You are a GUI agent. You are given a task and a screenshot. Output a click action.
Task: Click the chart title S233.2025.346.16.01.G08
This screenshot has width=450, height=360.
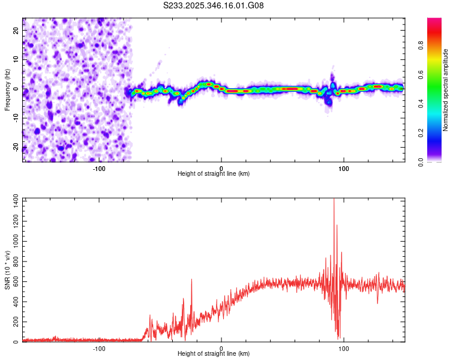click(x=214, y=5)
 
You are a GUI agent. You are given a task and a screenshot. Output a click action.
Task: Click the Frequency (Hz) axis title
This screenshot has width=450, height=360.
click(x=7, y=89)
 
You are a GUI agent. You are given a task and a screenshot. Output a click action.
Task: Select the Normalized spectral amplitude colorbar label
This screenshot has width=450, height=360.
click(x=446, y=90)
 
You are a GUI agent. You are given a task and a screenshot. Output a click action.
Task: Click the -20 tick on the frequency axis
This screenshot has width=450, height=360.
click(x=16, y=147)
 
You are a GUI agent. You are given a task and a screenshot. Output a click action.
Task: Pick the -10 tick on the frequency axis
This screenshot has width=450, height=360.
click(x=16, y=118)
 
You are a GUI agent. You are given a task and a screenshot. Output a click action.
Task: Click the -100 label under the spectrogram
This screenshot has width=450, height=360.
click(x=99, y=168)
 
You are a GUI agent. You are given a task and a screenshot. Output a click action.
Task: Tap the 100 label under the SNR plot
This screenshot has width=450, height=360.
click(x=344, y=348)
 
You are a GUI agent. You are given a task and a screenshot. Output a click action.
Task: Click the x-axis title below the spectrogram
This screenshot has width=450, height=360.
click(x=214, y=174)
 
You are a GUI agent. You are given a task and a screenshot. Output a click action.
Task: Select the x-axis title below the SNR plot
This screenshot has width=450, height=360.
click(x=214, y=354)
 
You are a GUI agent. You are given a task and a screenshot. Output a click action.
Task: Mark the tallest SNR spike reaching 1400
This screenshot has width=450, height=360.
click(x=334, y=200)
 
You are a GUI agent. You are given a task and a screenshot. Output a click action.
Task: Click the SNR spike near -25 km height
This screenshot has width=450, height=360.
click(x=192, y=280)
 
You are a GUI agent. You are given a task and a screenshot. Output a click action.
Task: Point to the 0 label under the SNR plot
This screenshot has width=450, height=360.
click(x=221, y=348)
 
